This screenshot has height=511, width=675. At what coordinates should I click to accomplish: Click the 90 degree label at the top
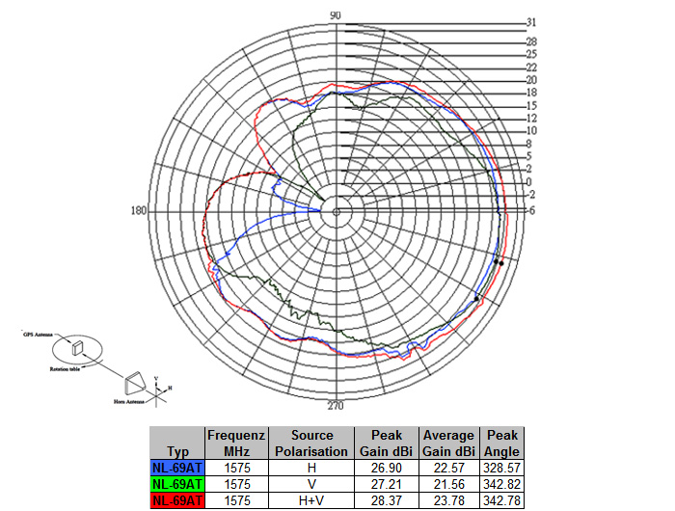336,14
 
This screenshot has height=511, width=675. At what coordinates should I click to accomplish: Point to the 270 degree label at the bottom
336,405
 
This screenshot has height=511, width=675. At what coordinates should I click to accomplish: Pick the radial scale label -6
530,210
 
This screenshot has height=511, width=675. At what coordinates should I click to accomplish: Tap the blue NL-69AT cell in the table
177,467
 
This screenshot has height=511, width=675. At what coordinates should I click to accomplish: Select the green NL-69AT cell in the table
177,483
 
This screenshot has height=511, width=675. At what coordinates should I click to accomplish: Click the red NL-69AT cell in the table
177,499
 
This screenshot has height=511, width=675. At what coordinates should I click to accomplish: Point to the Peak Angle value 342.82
502,483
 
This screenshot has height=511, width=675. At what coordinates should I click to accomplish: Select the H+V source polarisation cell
310,499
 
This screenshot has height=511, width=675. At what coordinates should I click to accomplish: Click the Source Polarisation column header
310,443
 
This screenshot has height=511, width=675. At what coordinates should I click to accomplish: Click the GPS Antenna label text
38,331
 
